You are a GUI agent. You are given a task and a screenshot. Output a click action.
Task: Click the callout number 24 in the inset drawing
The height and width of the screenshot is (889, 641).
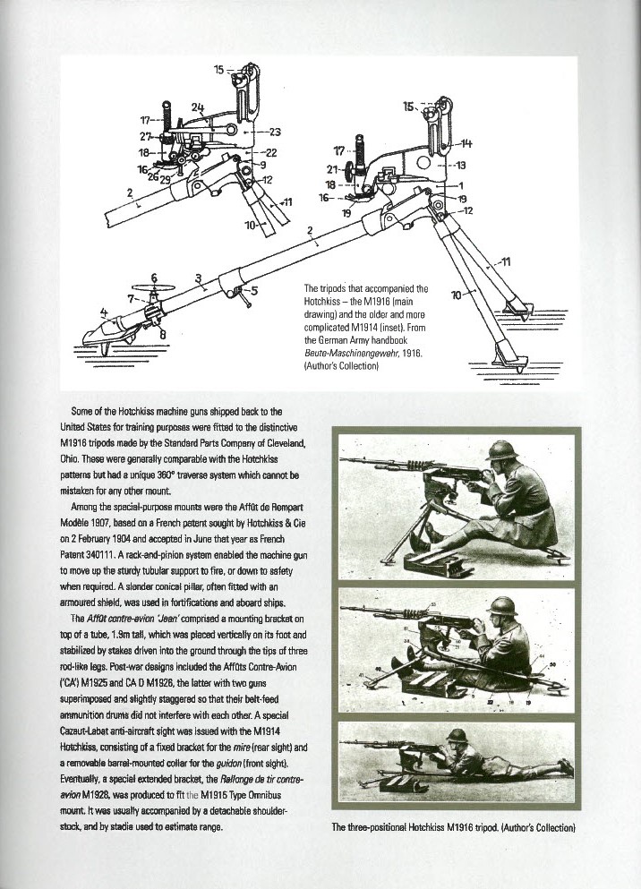pyautogui.click(x=197, y=107)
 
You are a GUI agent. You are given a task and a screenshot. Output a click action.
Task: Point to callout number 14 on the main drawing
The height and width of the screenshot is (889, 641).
pyautogui.click(x=467, y=144)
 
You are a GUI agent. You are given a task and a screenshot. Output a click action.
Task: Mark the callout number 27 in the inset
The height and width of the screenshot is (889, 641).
pyautogui.click(x=144, y=136)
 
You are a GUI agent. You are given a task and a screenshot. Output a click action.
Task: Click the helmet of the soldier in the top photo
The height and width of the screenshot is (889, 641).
pyautogui.click(x=502, y=449)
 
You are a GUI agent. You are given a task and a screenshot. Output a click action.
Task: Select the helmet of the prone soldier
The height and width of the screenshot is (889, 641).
pyautogui.click(x=459, y=737)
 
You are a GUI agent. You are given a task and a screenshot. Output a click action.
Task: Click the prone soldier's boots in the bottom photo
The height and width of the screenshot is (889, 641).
pyautogui.click(x=564, y=767)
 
